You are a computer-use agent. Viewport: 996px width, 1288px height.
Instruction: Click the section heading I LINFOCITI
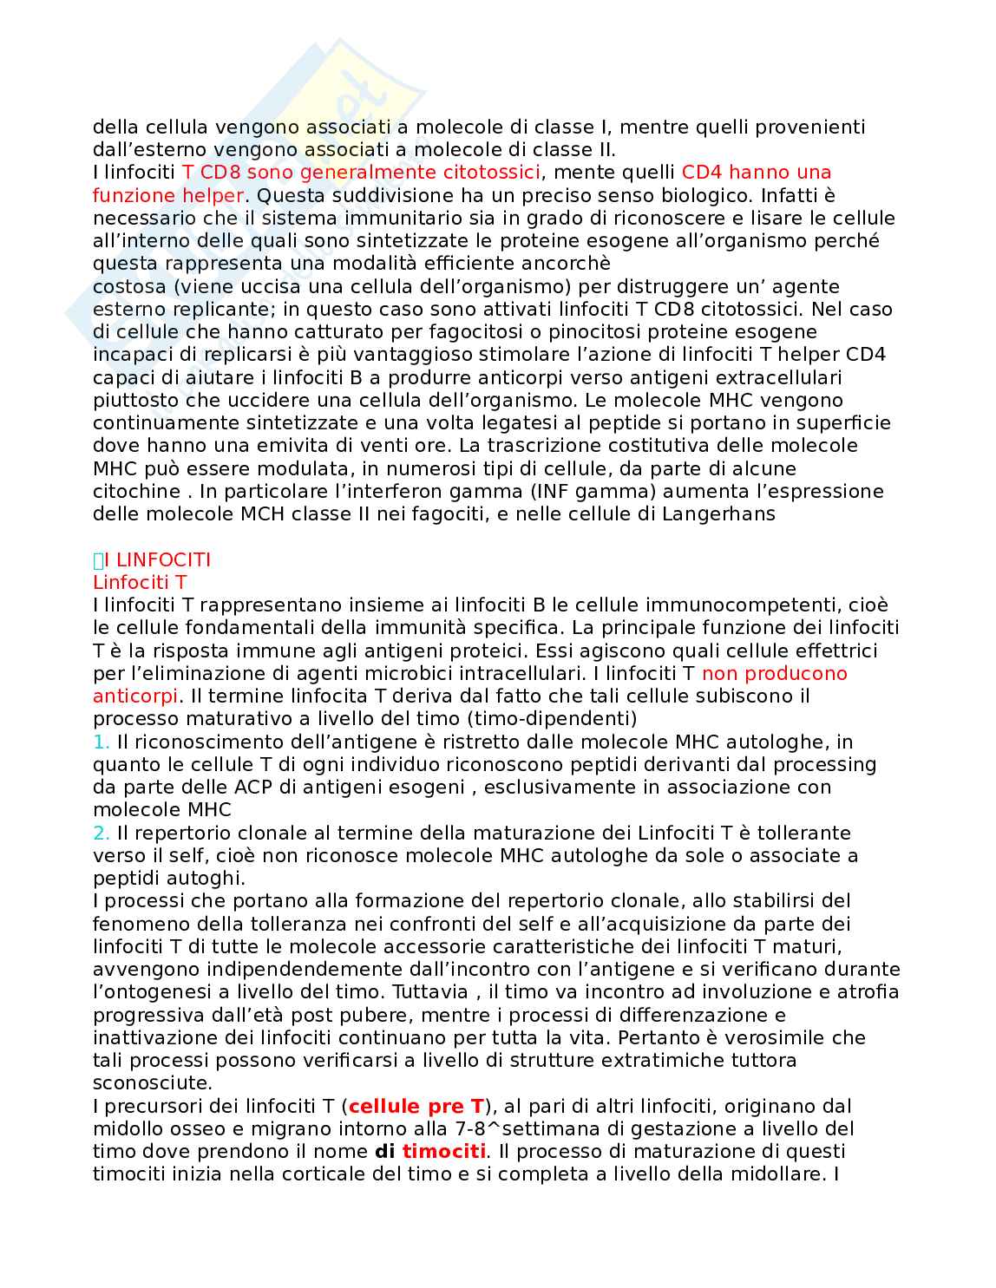click(157, 560)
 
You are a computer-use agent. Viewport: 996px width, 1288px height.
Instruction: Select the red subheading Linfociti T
click(140, 583)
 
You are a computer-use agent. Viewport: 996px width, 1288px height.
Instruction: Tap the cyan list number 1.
click(101, 742)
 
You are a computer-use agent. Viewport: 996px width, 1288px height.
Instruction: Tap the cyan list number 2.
click(101, 833)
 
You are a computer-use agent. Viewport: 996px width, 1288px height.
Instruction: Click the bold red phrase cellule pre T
click(416, 1106)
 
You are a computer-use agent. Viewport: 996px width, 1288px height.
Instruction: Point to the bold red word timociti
click(443, 1151)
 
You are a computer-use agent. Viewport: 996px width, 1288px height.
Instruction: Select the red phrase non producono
click(774, 673)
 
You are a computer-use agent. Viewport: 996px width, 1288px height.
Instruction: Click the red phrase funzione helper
click(167, 195)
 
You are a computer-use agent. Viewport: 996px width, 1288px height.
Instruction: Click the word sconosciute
click(151, 1082)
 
